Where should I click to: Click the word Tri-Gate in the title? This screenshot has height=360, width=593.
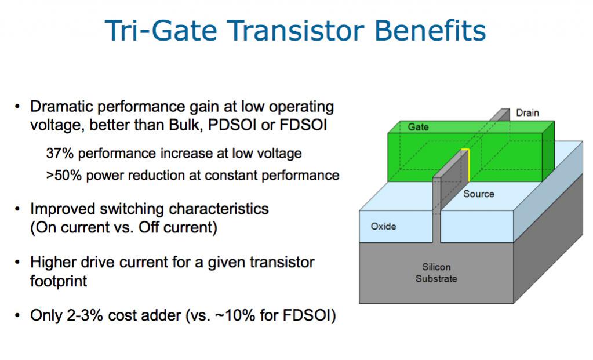[x=161, y=30]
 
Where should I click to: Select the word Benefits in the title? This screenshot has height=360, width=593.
[x=430, y=30]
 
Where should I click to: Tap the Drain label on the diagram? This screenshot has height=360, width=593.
[x=527, y=112]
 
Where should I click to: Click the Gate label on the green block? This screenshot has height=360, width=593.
[x=418, y=127]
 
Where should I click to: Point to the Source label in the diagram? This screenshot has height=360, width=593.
[x=478, y=194]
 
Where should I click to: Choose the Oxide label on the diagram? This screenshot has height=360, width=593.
[x=383, y=227]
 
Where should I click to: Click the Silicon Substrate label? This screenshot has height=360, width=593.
[x=436, y=272]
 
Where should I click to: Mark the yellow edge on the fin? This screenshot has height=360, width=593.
[x=468, y=165]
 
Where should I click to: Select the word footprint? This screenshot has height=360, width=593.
[x=59, y=281]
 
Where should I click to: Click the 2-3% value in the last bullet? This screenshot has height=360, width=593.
[x=85, y=316]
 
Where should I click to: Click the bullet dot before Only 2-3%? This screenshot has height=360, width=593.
[x=17, y=315]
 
